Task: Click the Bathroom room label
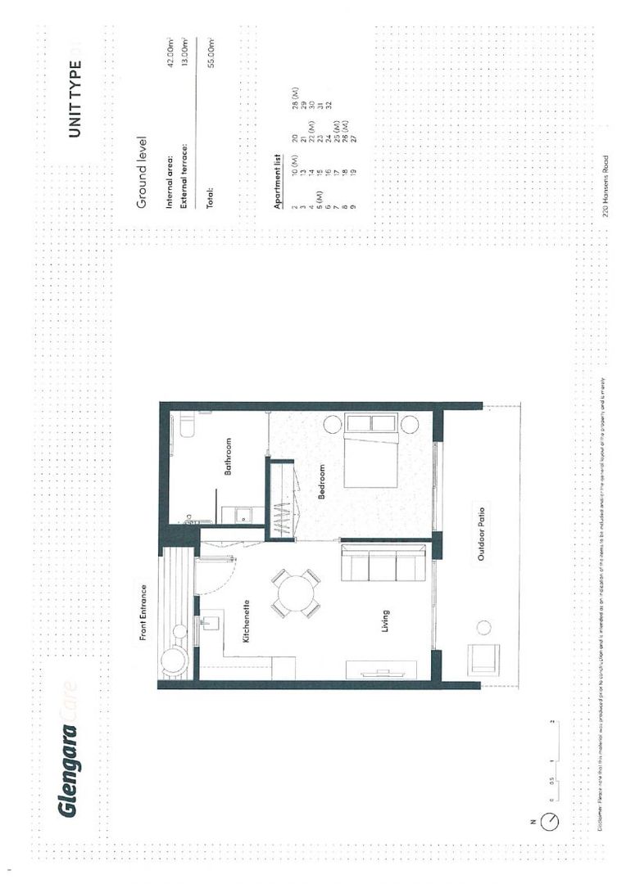pos(229,457)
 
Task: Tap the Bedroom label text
pos(322,482)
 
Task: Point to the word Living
pos(384,621)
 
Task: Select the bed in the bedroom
pos(372,451)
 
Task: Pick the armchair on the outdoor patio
pos(483,659)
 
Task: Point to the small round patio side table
pos(483,628)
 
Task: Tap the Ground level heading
pos(140,173)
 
